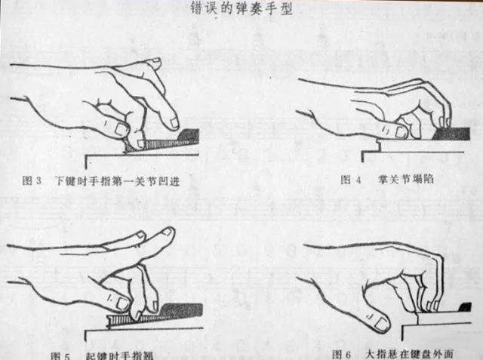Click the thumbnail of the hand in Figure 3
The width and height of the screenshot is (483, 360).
[x=122, y=130]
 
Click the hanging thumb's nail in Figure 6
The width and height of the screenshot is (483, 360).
[x=381, y=324]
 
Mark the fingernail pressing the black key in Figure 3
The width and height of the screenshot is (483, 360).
[x=174, y=122]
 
